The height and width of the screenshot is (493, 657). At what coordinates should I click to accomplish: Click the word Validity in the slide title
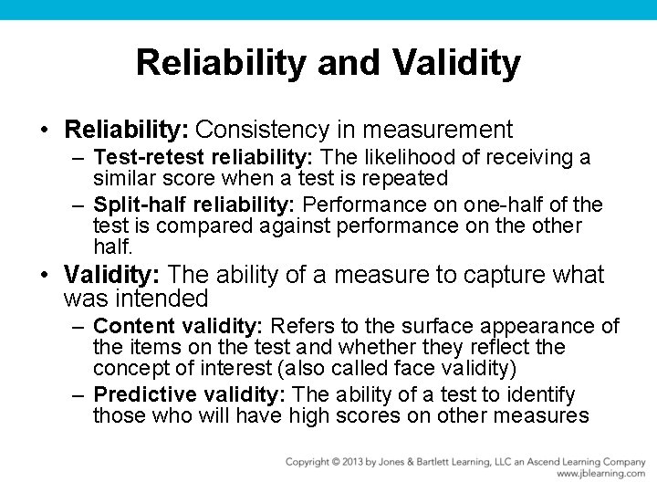coord(457,63)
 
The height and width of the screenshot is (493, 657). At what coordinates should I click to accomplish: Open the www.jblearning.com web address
coord(600,475)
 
